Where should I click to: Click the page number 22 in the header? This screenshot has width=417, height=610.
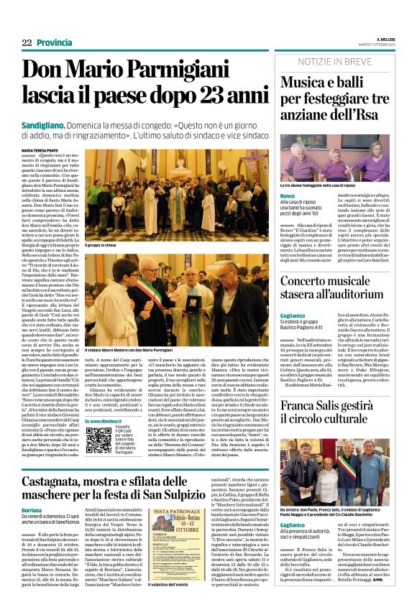pyautogui.click(x=27, y=43)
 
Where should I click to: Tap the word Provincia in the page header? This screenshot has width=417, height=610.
pyautogui.click(x=55, y=43)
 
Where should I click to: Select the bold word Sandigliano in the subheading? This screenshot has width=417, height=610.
pyautogui.click(x=45, y=125)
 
